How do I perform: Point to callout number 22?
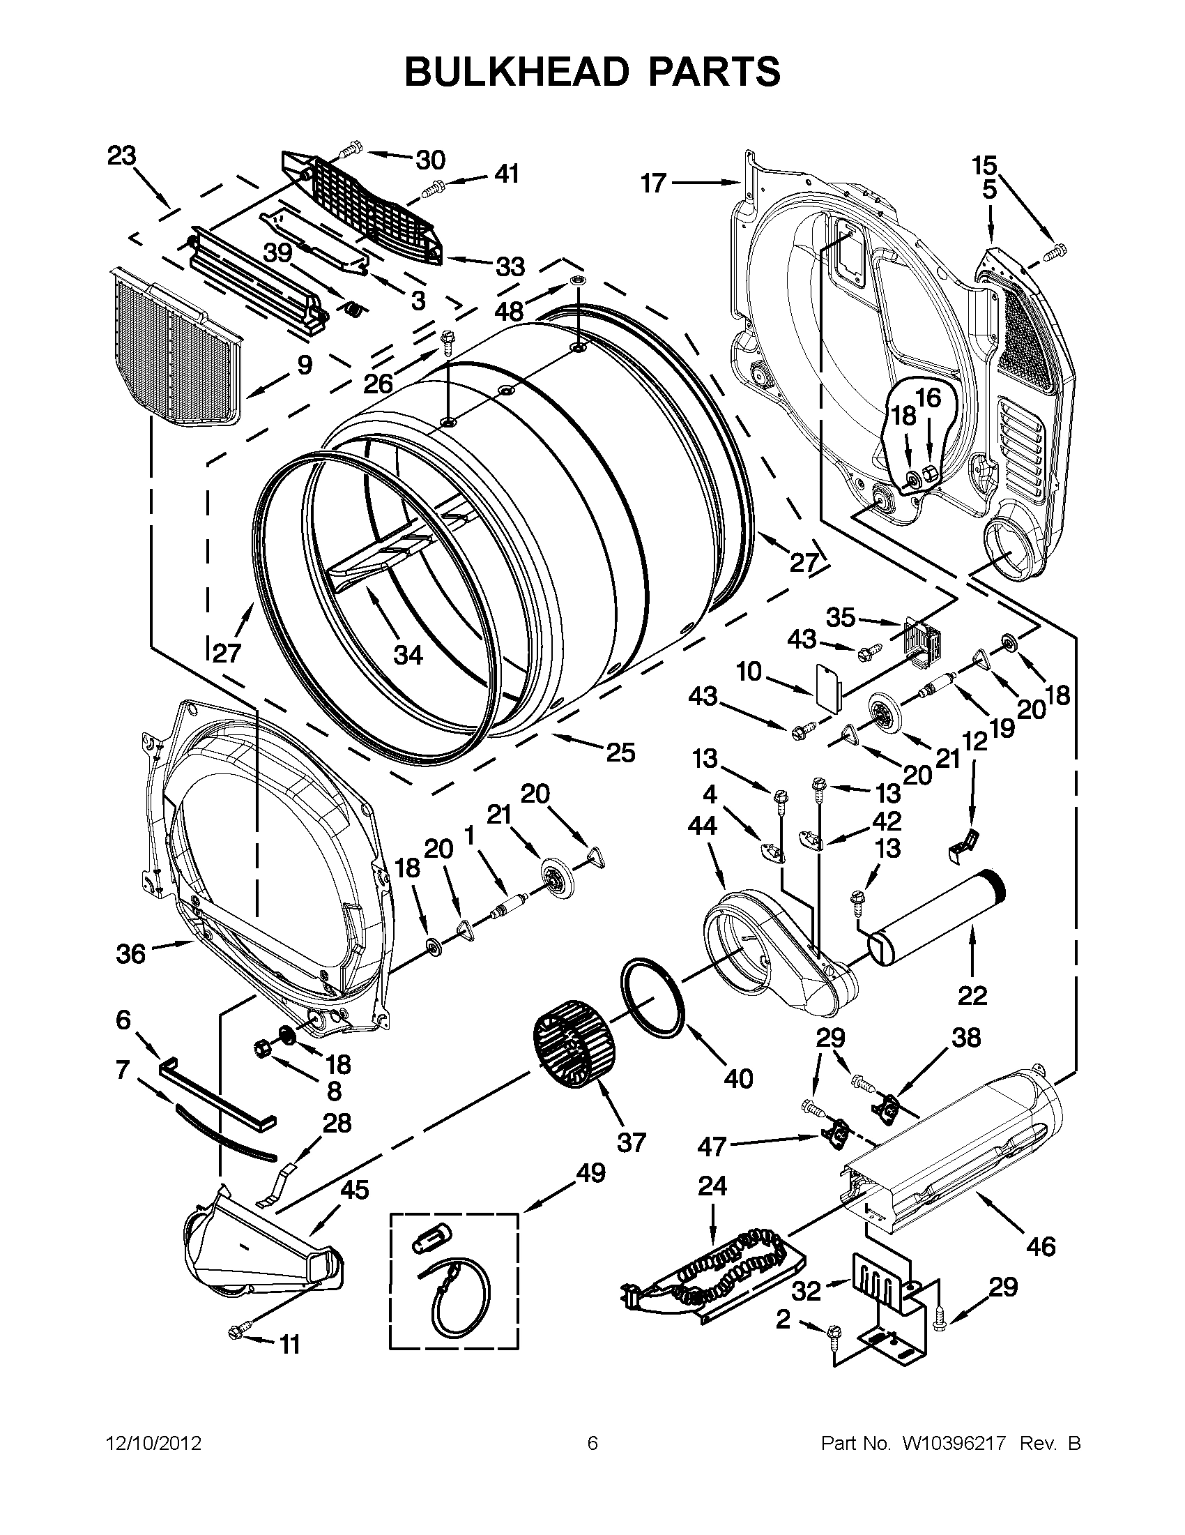pos(972,995)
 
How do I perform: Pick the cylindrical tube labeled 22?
pos(938,914)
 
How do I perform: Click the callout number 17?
pos(653,183)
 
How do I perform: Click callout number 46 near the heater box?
pos(1040,1246)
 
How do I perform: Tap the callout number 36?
pos(130,954)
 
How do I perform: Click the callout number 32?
pos(806,1291)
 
